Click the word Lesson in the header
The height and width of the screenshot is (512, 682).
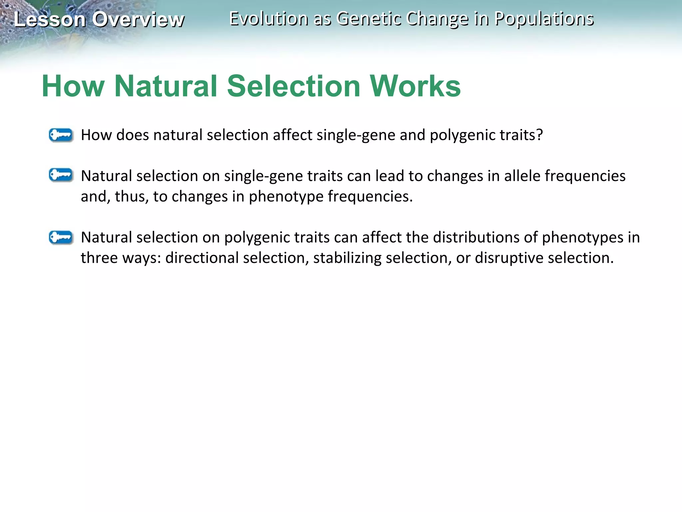(49, 19)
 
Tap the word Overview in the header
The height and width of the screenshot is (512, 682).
(138, 19)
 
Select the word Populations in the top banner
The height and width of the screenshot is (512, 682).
(544, 19)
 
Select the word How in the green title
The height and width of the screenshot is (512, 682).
(73, 86)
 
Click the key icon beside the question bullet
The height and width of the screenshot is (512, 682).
(61, 135)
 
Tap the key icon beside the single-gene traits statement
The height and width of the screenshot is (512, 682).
(61, 175)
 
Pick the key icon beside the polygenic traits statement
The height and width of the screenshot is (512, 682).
(61, 237)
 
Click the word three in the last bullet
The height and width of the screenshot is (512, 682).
(99, 258)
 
